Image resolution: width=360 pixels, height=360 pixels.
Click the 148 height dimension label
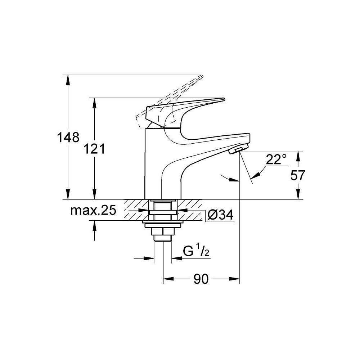pos(68,138)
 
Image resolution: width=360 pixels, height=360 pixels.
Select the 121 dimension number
pos(94,149)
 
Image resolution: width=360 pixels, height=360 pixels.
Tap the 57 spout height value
pos(298,175)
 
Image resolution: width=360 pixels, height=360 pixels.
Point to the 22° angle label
pos(276,159)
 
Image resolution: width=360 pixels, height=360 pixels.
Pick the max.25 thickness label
pos(93,210)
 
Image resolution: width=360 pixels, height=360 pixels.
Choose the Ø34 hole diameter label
pos(220,215)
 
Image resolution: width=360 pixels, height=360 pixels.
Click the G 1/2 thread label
pos(196,251)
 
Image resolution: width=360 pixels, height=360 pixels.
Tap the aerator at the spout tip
pos(238,149)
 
